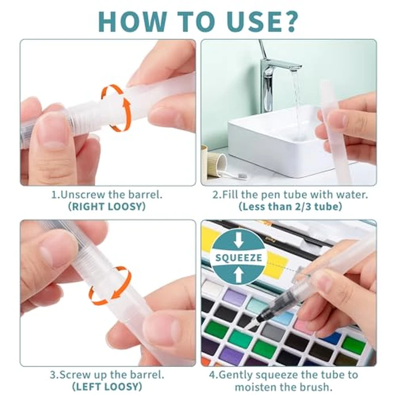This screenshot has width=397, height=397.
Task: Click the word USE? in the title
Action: coord(263,21)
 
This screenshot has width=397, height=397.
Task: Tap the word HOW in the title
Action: coord(132,21)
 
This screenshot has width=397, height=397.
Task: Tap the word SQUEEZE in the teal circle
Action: coord(239,257)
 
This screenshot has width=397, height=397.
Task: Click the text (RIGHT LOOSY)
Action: coord(107,206)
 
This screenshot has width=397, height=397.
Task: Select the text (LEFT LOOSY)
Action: coord(107,387)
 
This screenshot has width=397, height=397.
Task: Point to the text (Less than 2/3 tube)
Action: coord(290,206)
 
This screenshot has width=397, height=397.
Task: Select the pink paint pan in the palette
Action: coord(303,326)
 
